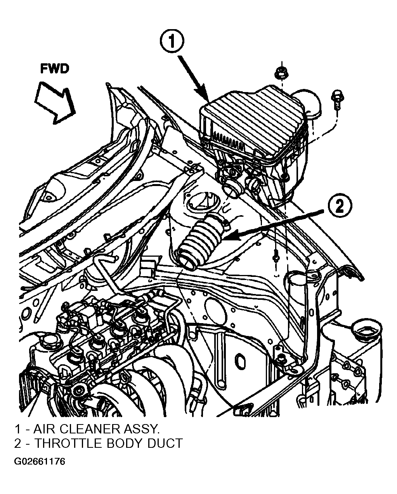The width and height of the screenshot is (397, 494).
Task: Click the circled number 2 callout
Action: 340,207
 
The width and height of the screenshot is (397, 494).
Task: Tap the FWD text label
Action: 55,69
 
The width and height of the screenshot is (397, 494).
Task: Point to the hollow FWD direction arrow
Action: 55,103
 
